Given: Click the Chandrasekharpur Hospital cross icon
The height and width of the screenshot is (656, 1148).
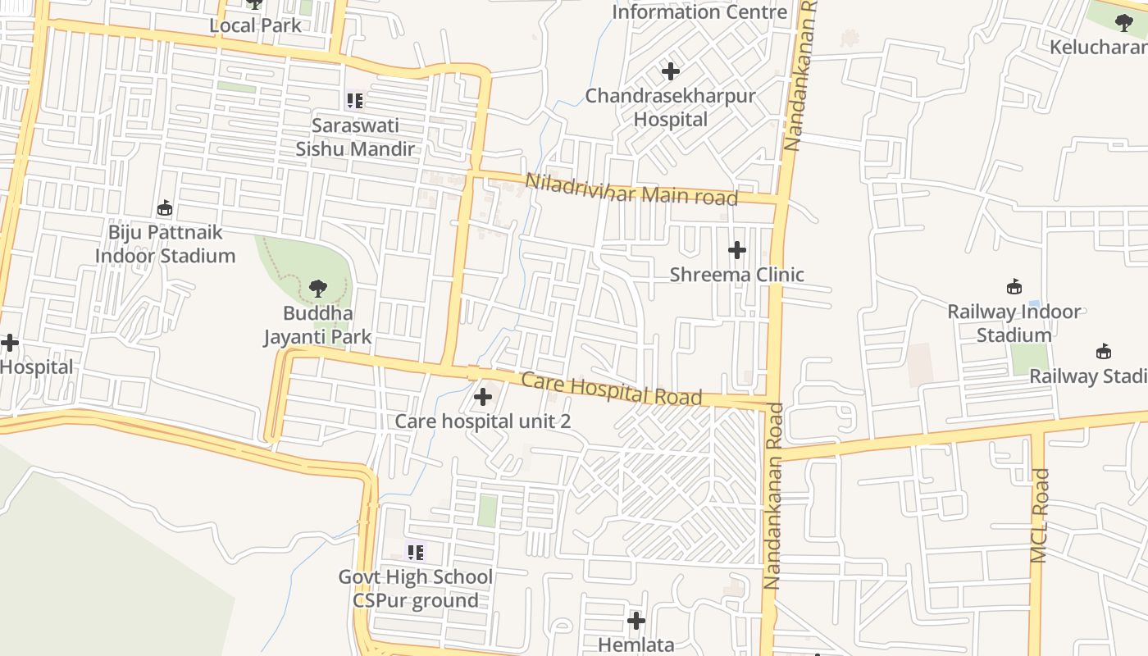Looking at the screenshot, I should (x=670, y=71).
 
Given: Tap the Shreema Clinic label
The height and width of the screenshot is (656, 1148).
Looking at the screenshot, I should (x=736, y=275).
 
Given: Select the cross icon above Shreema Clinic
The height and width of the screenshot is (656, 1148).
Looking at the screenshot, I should (x=736, y=250).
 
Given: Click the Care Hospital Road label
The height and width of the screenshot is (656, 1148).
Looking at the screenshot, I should (x=612, y=389).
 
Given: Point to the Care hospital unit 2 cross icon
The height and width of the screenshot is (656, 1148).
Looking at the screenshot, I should (x=483, y=398).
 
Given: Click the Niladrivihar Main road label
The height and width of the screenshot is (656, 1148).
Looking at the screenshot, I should (x=631, y=189).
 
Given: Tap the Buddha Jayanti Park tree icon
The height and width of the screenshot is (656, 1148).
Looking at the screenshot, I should (x=317, y=289).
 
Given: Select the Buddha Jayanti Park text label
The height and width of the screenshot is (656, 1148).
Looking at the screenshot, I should (x=317, y=325).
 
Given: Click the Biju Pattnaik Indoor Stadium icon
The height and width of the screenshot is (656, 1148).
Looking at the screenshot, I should (x=165, y=207).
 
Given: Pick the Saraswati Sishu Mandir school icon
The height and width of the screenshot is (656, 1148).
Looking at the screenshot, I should (x=355, y=101).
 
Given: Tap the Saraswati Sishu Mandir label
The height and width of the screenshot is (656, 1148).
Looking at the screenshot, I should (x=355, y=138).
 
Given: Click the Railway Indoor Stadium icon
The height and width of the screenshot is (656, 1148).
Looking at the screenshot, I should (x=1014, y=286).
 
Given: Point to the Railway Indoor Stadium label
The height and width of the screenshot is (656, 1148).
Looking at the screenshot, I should (x=1014, y=323).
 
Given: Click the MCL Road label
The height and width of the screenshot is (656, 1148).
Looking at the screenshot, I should (x=1039, y=515).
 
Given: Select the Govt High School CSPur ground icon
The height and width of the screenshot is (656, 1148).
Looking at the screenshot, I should (x=416, y=552).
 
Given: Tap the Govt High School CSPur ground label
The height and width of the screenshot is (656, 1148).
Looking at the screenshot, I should (x=416, y=589).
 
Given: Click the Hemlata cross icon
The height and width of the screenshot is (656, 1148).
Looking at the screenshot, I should (x=635, y=621).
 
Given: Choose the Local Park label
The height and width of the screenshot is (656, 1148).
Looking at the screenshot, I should (x=255, y=25).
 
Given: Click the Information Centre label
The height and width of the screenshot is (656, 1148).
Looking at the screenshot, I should (x=699, y=12).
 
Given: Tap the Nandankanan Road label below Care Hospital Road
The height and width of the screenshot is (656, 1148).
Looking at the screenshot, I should (x=772, y=495).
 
